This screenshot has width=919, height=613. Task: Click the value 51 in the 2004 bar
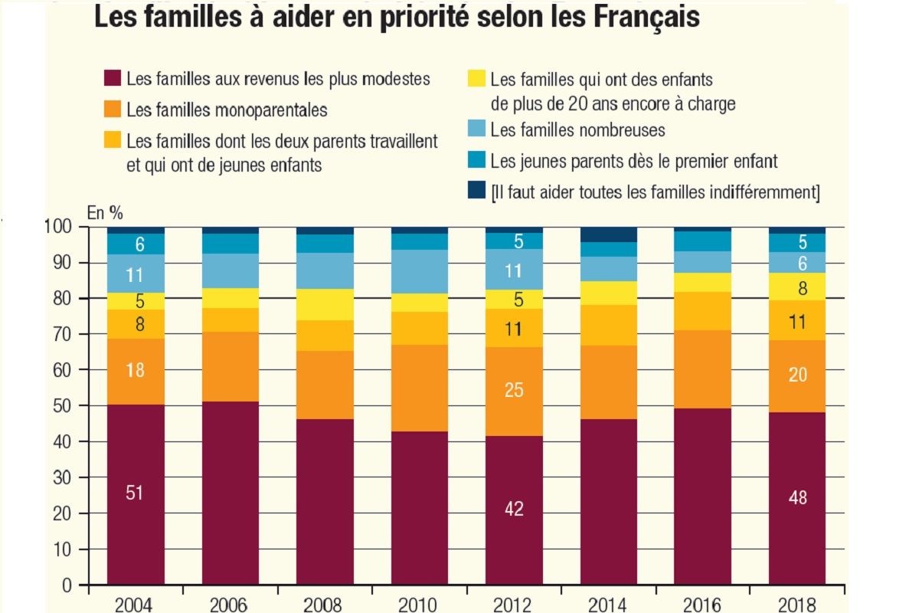[x=135, y=493]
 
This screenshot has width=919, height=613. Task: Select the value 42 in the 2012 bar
[x=514, y=508]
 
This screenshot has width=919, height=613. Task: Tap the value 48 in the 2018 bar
[x=797, y=497]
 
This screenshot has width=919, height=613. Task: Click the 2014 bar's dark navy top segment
[x=609, y=234]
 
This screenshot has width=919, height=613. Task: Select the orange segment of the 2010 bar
[x=420, y=388]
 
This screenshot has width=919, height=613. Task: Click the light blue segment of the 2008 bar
[x=325, y=270]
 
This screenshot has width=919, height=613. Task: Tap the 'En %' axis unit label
[x=105, y=213]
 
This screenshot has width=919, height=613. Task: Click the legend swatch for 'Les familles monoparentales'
[x=112, y=110]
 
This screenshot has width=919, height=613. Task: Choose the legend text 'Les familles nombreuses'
[x=577, y=130]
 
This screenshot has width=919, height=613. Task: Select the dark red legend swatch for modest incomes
[x=112, y=79]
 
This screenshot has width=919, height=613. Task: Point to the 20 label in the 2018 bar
[x=797, y=375]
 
